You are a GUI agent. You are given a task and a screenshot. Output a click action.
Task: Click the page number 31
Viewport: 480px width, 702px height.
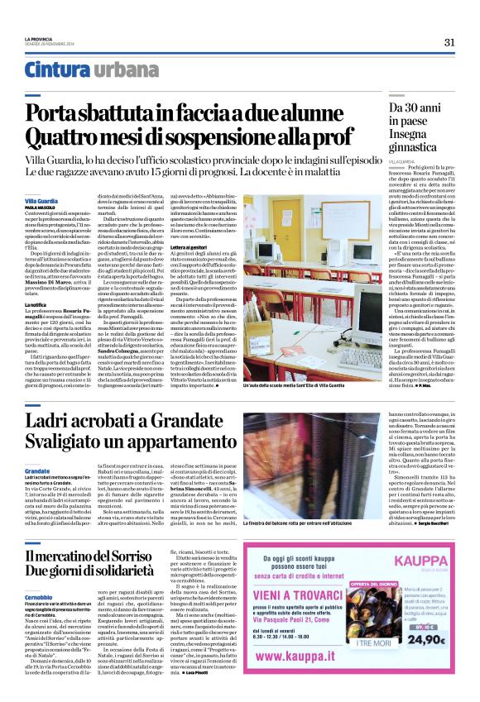(449, 42)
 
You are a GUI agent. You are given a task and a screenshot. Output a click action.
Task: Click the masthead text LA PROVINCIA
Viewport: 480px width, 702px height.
(38, 39)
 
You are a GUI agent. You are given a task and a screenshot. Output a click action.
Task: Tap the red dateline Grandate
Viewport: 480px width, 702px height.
(37, 470)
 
